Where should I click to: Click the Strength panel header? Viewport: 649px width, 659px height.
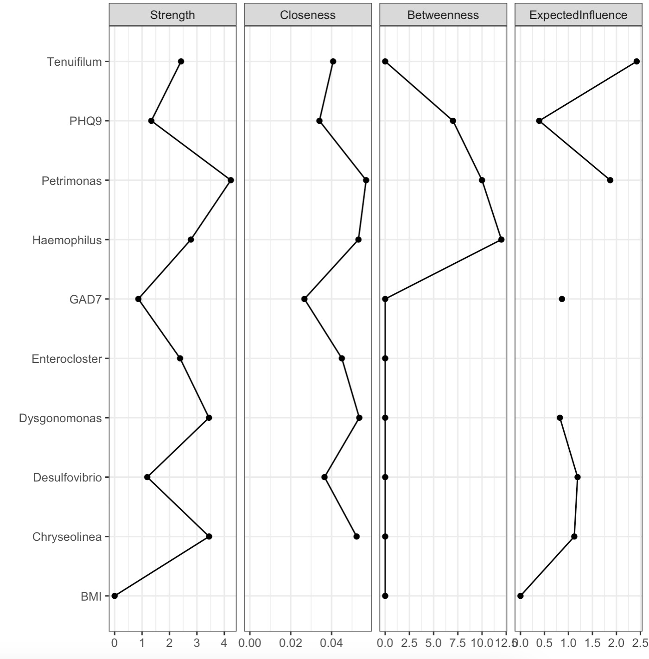point(172,15)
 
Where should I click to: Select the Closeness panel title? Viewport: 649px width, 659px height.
point(308,15)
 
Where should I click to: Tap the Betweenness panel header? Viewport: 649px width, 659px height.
point(443,15)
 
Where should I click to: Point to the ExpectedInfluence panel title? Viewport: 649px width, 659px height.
point(578,15)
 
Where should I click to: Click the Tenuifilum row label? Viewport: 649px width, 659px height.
point(74,62)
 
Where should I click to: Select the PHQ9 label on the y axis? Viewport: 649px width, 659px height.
point(85,121)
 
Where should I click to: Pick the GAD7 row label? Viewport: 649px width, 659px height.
point(85,299)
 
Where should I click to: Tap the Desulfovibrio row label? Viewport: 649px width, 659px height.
point(67,478)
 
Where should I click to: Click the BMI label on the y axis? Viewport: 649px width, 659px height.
point(91,596)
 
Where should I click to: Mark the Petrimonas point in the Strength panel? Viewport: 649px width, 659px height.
point(231,180)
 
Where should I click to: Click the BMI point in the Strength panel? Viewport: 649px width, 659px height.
point(115,596)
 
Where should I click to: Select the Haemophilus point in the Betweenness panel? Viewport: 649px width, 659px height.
point(501,240)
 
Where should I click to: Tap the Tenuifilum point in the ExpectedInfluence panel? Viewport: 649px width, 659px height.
point(636,62)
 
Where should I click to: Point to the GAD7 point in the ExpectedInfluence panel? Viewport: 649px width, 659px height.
point(562,299)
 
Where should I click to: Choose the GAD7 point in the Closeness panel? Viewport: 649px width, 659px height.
point(304,299)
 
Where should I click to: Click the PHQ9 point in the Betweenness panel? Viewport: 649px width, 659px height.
point(453,121)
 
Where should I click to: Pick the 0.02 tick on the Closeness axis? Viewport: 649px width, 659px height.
point(291,643)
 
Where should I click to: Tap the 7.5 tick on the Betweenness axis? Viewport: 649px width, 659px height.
point(458,643)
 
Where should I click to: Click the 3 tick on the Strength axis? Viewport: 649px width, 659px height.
point(197,643)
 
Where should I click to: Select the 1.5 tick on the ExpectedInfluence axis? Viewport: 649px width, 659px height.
point(592,643)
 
